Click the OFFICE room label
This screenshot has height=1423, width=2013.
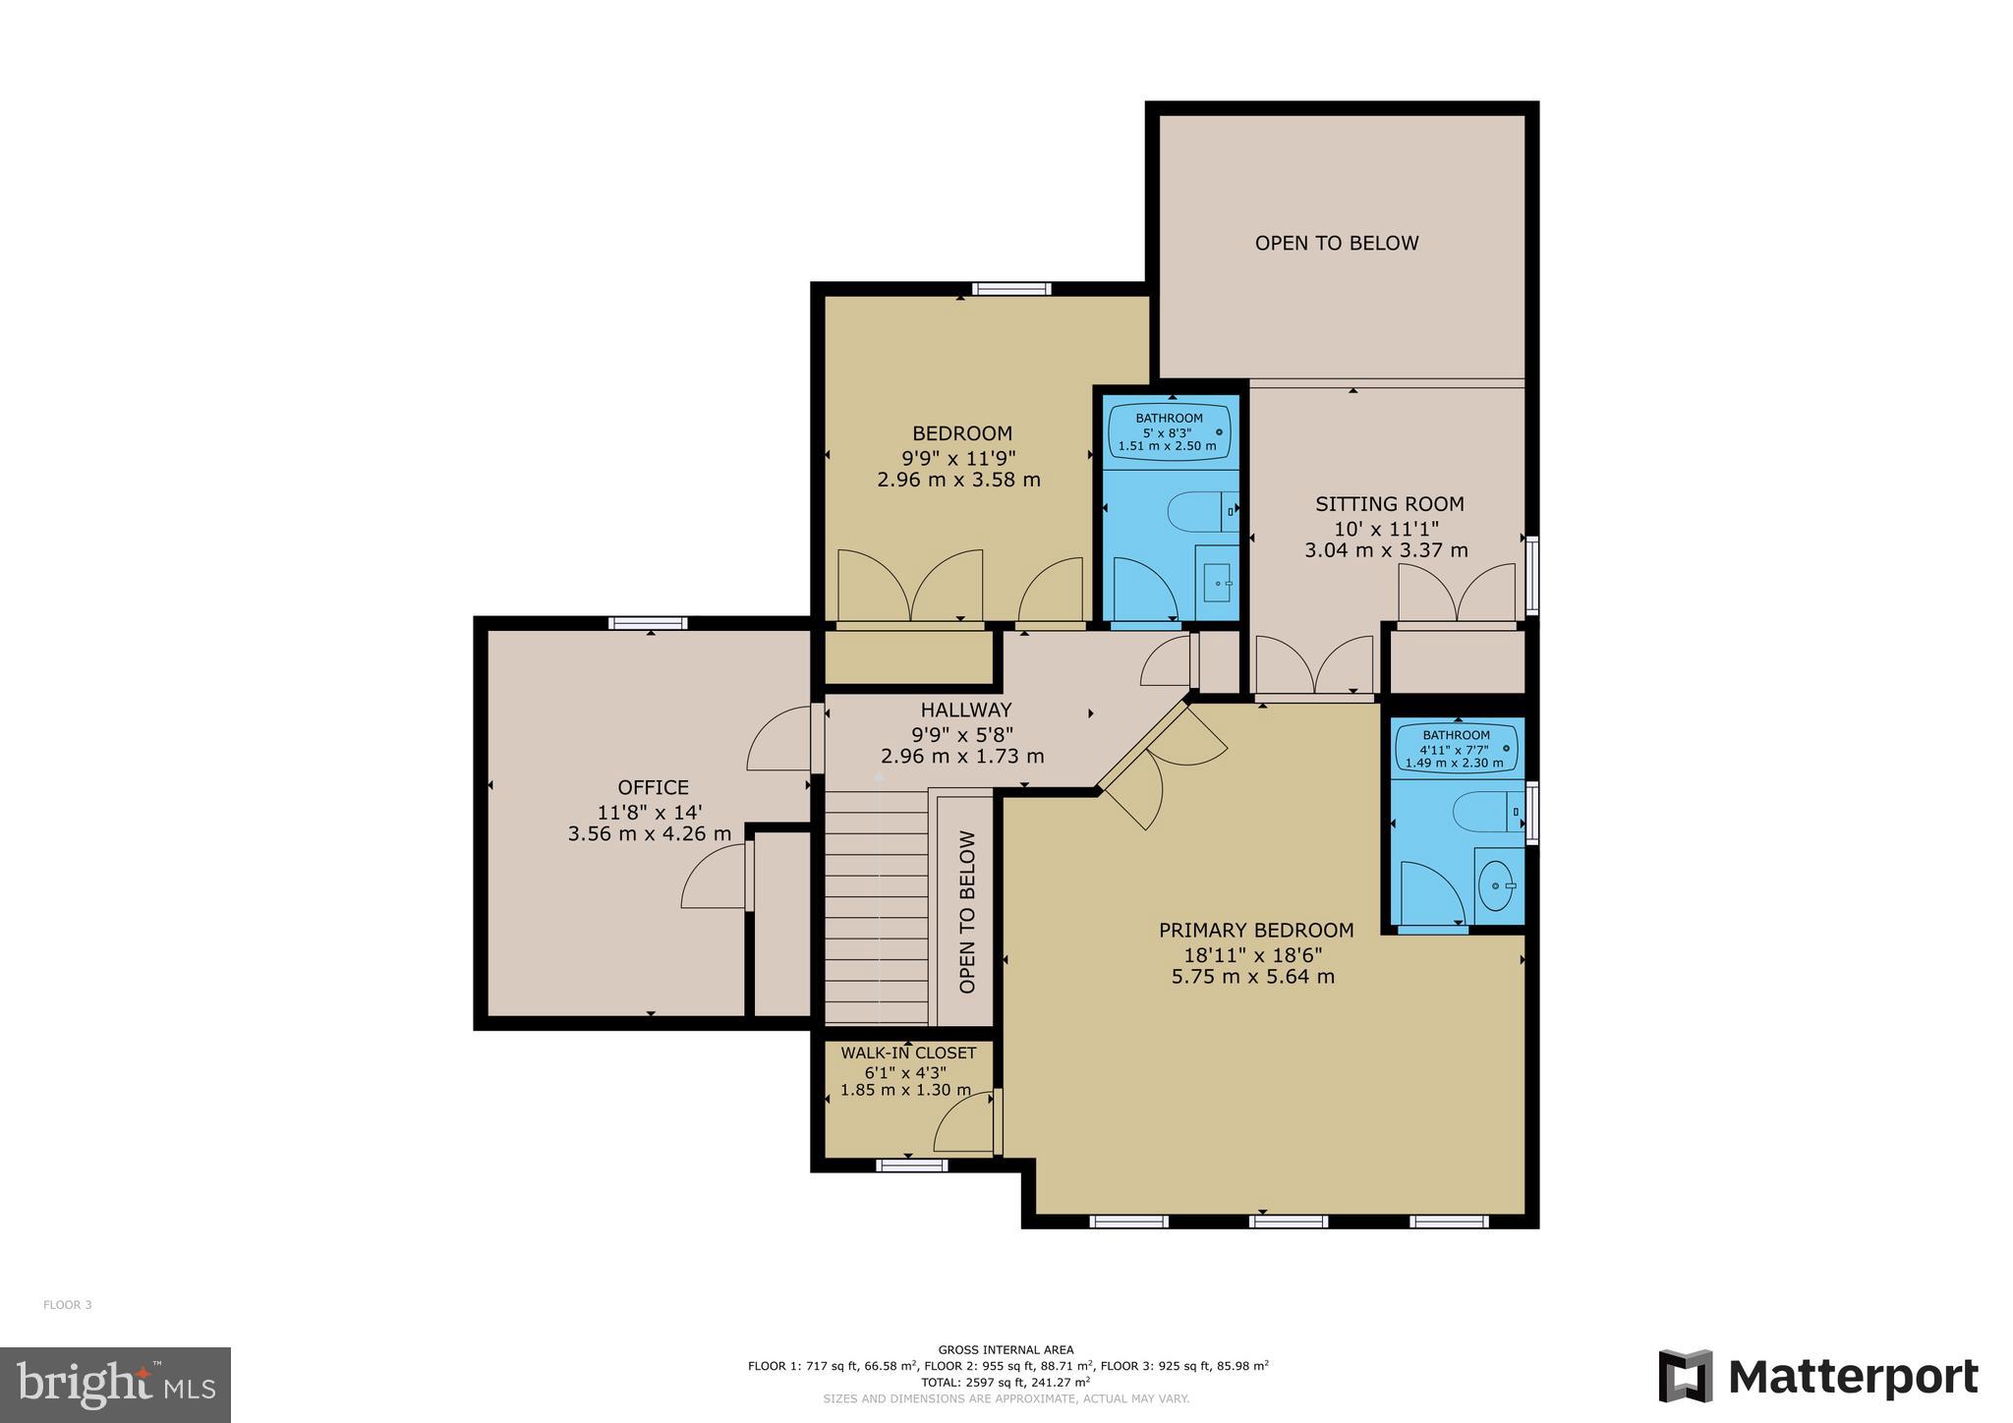(653, 787)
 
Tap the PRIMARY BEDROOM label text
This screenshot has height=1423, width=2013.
(1256, 930)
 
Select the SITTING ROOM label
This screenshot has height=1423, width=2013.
(1390, 504)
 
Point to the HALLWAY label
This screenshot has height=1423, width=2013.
(965, 710)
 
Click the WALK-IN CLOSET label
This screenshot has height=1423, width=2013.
(908, 1053)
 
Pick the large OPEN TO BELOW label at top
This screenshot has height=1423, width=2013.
(1337, 243)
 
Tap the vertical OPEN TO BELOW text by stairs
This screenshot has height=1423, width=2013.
(967, 912)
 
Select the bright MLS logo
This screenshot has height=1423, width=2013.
(116, 1385)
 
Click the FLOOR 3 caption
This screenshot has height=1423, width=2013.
(67, 1305)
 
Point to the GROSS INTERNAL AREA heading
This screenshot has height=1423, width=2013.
(1006, 1350)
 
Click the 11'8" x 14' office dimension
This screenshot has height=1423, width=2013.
(650, 813)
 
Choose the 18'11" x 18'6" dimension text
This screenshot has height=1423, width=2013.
(1253, 954)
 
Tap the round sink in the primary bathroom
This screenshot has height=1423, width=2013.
(1494, 886)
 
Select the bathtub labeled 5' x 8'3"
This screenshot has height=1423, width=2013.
(1170, 431)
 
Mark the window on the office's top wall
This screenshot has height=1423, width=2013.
(647, 623)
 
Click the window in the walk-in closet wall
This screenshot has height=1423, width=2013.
(911, 1166)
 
